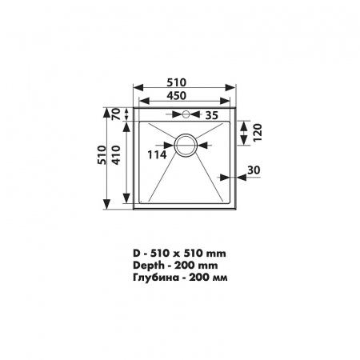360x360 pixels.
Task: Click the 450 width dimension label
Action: tap(177, 96)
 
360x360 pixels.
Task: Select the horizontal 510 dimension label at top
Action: tap(177, 82)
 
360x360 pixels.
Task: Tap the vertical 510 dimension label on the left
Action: tap(102, 155)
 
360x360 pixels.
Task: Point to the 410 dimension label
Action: tap(117, 155)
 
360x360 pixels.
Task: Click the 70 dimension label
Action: tap(117, 114)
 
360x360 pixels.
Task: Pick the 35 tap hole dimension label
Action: tap(212, 115)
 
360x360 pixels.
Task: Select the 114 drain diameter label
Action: tap(157, 154)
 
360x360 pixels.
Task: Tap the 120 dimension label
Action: tap(258, 133)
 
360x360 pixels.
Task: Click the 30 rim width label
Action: tap(254, 170)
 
